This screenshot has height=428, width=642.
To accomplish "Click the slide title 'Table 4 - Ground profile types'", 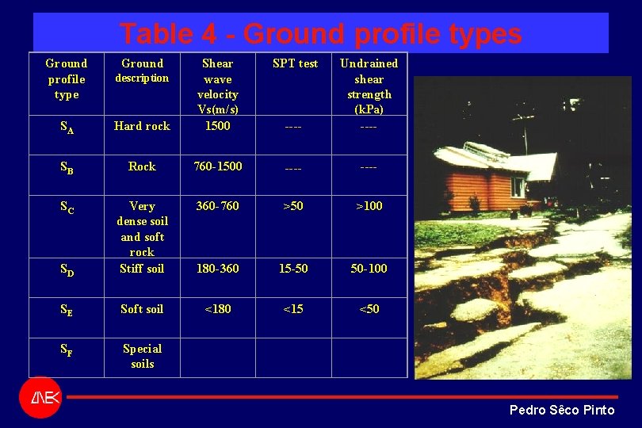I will click(x=320, y=34).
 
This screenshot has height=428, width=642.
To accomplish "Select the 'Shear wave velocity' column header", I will click(x=217, y=86).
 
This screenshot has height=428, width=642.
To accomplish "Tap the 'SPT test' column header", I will click(x=295, y=63).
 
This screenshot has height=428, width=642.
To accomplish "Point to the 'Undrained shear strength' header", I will click(x=369, y=86).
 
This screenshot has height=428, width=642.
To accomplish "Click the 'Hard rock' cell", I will click(x=142, y=126).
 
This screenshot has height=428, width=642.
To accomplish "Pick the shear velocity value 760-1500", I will click(x=218, y=166).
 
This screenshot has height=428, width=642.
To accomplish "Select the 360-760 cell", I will click(x=217, y=206).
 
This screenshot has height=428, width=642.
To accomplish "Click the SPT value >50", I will click(x=293, y=206).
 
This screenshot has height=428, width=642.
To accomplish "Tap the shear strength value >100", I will click(x=369, y=206).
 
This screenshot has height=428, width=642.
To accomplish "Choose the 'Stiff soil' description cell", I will click(x=142, y=269).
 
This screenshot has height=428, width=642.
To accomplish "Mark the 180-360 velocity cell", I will click(x=217, y=269).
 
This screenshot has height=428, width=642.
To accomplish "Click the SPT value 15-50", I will click(x=293, y=269).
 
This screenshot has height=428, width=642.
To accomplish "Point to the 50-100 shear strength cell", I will click(x=369, y=269).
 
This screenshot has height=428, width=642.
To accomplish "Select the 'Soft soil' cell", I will click(x=142, y=309).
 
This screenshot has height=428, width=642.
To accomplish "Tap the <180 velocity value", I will click(x=217, y=309).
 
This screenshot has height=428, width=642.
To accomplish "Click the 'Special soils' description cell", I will click(x=142, y=356).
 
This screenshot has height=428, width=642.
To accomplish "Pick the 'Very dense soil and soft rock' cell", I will click(x=142, y=229).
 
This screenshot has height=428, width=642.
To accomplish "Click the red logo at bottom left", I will click(x=40, y=396).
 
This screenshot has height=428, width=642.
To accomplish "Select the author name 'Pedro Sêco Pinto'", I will click(x=561, y=410).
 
